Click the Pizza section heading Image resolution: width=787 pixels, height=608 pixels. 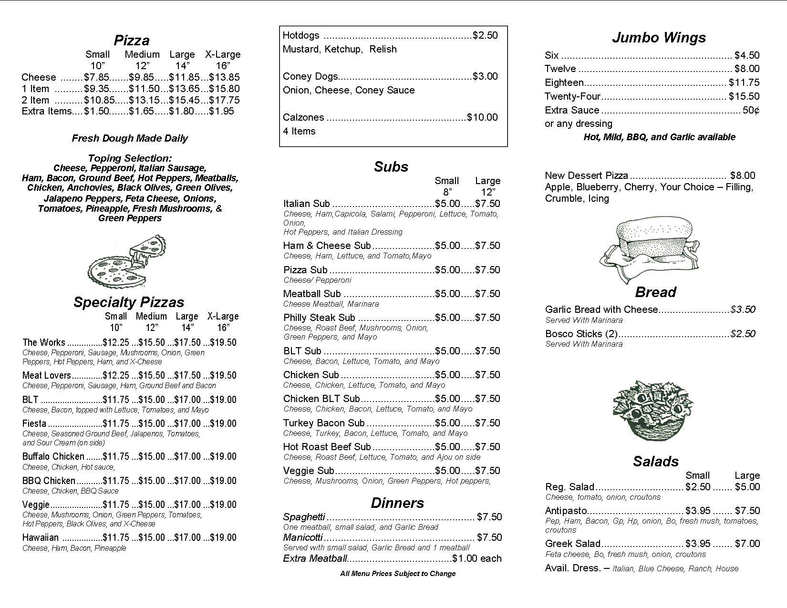point(132,40)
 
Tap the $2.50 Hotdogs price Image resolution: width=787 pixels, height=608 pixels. point(485,35)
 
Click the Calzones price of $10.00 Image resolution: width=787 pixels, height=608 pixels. point(482,117)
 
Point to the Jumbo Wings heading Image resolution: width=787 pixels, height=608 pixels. point(659,38)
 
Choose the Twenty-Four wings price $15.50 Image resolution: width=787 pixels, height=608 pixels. point(744,96)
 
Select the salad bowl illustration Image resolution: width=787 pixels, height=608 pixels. point(652,411)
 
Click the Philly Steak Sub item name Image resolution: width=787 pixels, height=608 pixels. point(319,318)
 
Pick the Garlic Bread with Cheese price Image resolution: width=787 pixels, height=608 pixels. point(743,309)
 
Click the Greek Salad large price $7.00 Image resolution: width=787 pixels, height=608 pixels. point(747,544)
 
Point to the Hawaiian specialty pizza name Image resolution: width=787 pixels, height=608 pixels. point(41,538)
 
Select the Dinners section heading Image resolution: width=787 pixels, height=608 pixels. point(397,503)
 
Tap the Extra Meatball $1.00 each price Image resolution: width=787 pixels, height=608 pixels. point(477,558)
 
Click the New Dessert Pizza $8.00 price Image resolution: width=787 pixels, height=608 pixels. point(743,175)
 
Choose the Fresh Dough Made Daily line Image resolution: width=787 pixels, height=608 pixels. point(130,138)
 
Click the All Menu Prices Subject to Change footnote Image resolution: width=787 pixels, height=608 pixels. point(398,574)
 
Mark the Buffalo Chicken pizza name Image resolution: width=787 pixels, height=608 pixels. point(53,457)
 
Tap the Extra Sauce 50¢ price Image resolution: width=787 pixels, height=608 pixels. point(751,110)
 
